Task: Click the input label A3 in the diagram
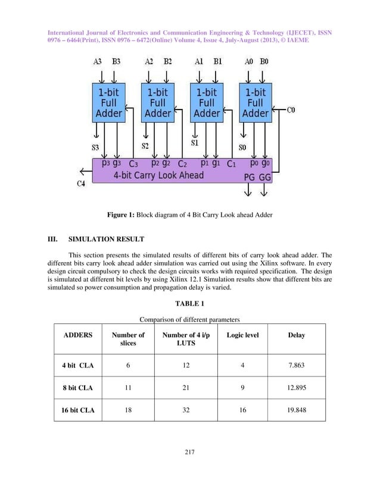coord(98,62)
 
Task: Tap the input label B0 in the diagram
coord(264,62)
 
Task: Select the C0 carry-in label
coord(291,110)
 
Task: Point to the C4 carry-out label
coord(82,183)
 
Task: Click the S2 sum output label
coord(145,145)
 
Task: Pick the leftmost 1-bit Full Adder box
coord(108,102)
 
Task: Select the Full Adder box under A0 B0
coord(256,102)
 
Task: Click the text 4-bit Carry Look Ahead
coord(158,175)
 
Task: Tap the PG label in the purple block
coord(249,177)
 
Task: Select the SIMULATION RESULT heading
coord(106,241)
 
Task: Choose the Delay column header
coord(296,335)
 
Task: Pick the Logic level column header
coord(242,335)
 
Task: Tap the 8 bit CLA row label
coord(77,388)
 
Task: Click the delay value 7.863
coord(296,365)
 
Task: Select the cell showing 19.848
coord(296,410)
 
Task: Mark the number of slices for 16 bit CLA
coord(128,410)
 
